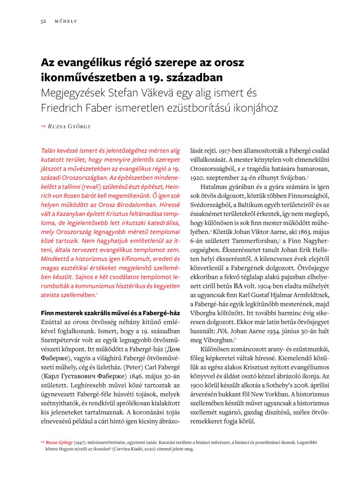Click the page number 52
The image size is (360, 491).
pos(43,21)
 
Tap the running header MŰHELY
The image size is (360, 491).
pos(66,21)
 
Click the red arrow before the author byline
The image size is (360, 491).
pos(43,126)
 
